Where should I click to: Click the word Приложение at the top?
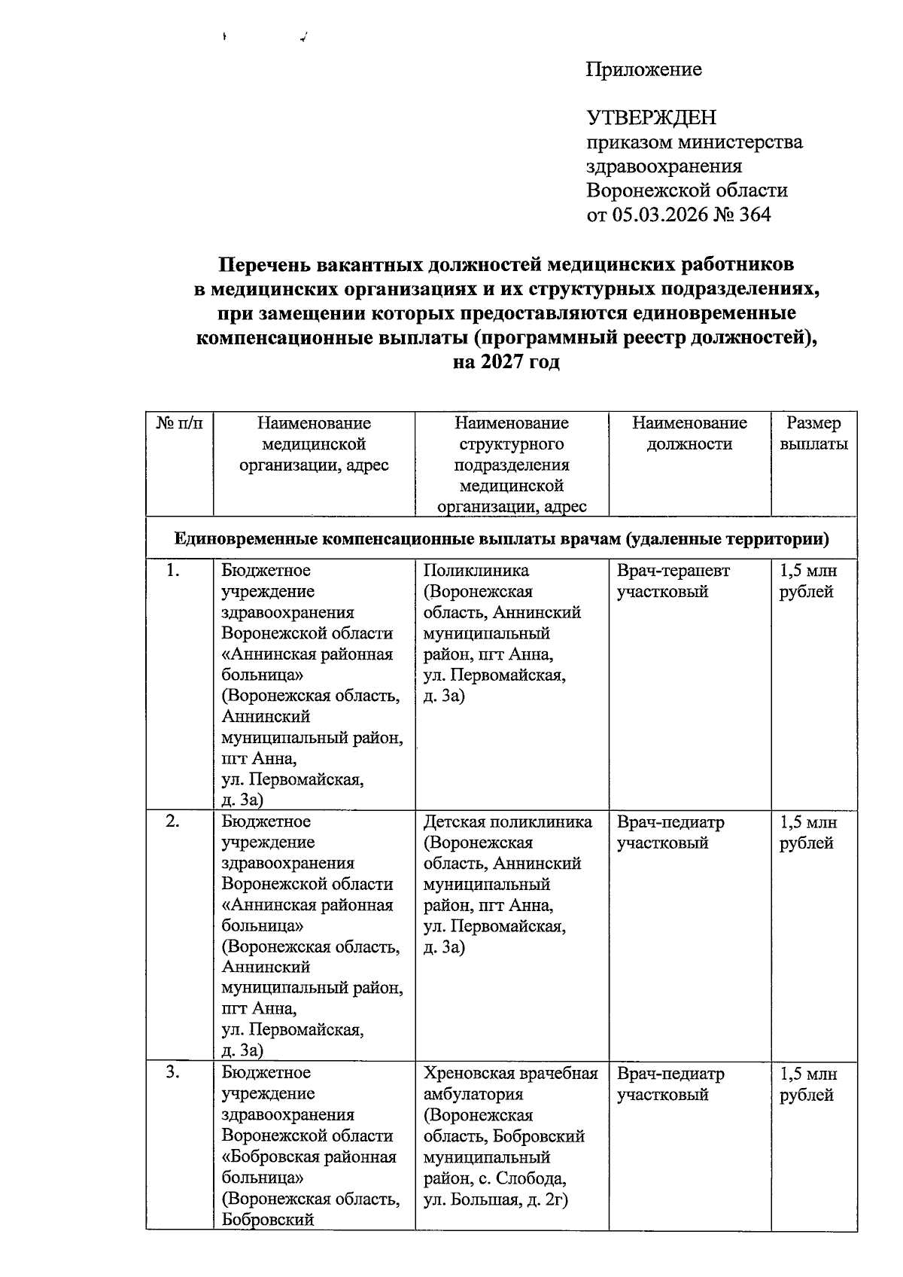pos(643,70)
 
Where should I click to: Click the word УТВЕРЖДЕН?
pos(651,118)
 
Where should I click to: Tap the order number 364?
pos(755,215)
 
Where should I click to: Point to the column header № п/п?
pos(180,424)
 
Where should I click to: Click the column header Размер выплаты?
pos(813,434)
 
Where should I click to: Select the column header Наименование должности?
pos(689,434)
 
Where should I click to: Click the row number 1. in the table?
pos(173,571)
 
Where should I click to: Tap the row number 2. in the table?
pos(173,821)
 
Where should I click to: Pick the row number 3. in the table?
pos(173,1073)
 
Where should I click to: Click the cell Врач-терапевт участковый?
pos(673,581)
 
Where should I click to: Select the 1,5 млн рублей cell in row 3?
pos(807,1084)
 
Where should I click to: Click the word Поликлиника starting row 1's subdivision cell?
pos(476,571)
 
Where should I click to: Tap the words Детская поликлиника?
pos(507,821)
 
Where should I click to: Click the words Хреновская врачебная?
pos(510,1073)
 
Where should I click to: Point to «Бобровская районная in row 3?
pos(309,1157)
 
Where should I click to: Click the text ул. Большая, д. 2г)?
pos(494,1199)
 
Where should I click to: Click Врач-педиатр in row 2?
pos(670,822)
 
